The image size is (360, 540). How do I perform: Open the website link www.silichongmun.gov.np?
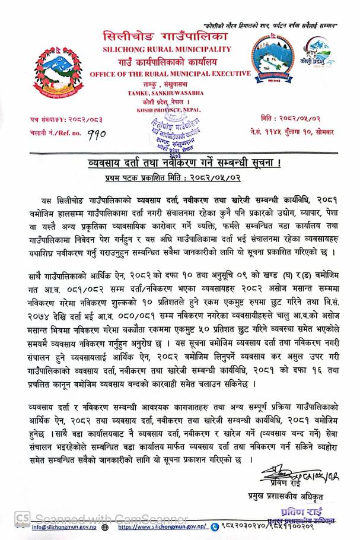(x=161, y=526)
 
